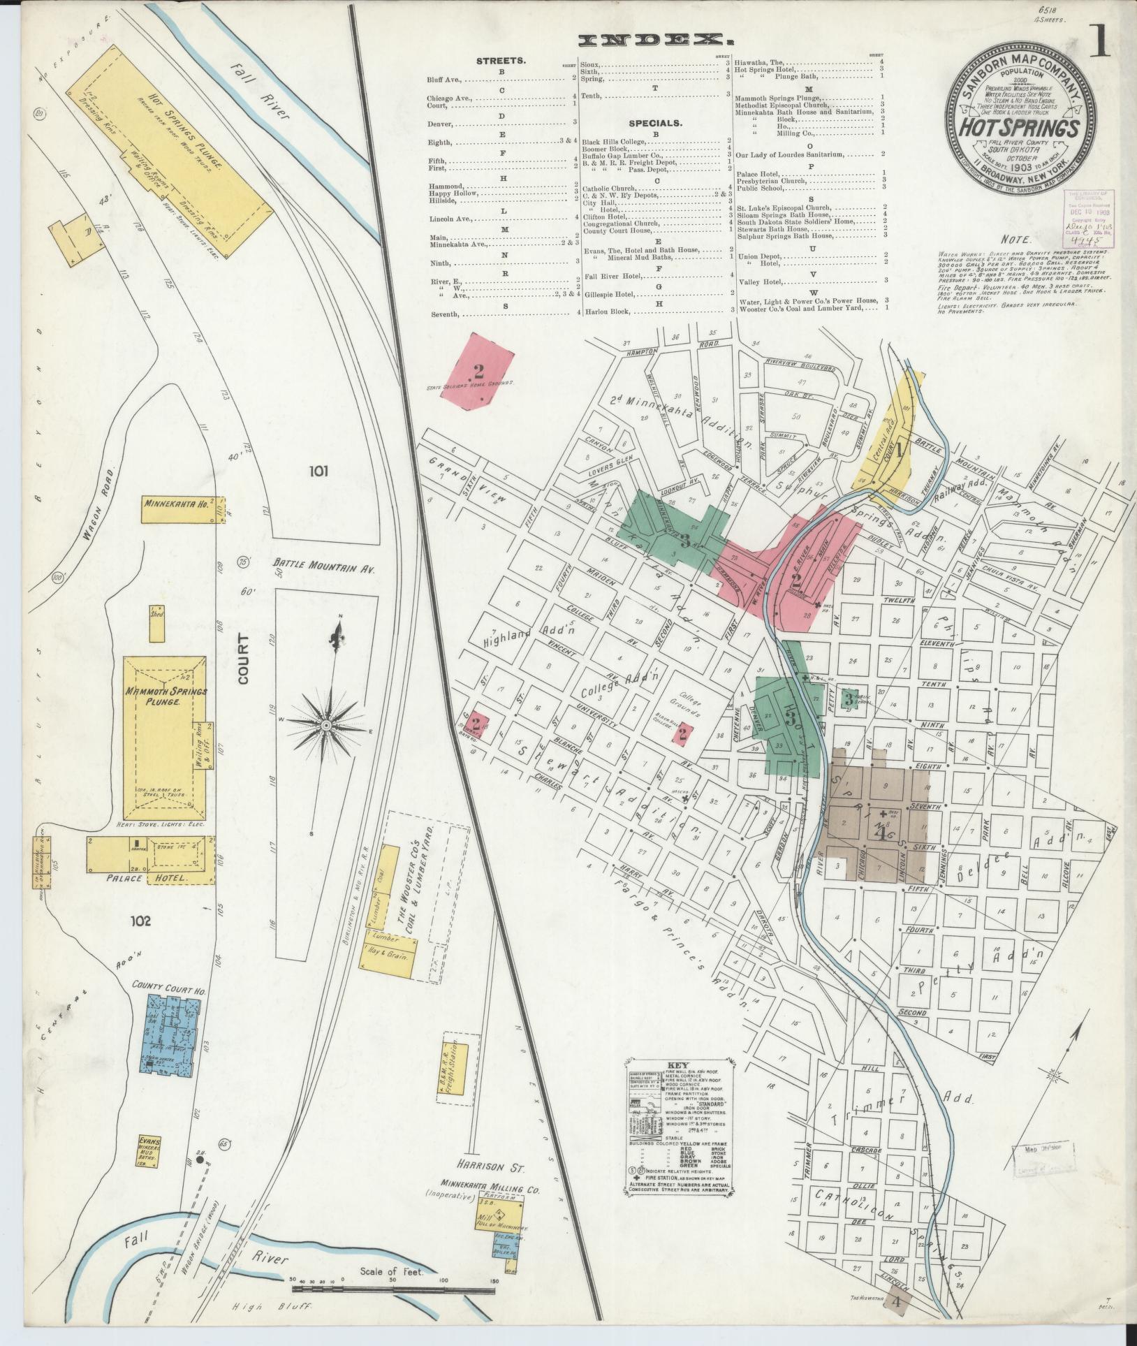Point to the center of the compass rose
coord(325,726)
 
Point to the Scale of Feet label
coord(392,1271)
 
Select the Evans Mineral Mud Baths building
coord(150,1151)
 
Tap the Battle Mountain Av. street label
coord(324,569)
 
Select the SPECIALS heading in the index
coord(654,123)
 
